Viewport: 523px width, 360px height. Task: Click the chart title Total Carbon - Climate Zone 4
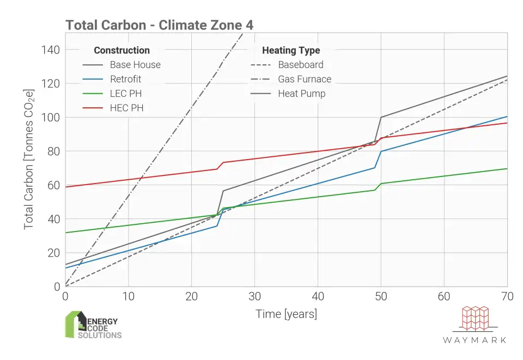click(x=159, y=25)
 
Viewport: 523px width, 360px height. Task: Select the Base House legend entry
click(x=135, y=65)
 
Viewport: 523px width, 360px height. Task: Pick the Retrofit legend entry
click(x=125, y=79)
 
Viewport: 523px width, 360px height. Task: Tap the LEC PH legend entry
click(x=126, y=94)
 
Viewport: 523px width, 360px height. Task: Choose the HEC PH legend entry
click(x=126, y=108)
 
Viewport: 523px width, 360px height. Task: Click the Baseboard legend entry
click(x=300, y=65)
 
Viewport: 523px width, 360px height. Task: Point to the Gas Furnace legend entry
click(x=305, y=79)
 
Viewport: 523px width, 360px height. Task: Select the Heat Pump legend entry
click(x=301, y=94)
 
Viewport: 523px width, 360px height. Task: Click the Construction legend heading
click(x=121, y=50)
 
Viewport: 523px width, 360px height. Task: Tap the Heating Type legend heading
click(x=291, y=50)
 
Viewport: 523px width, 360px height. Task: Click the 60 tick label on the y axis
click(x=53, y=185)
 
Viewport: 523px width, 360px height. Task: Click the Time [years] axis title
click(x=286, y=314)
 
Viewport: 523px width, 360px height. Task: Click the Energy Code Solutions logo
click(x=93, y=325)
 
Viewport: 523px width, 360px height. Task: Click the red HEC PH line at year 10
click(x=129, y=179)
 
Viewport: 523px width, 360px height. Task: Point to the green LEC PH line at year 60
click(x=444, y=176)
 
